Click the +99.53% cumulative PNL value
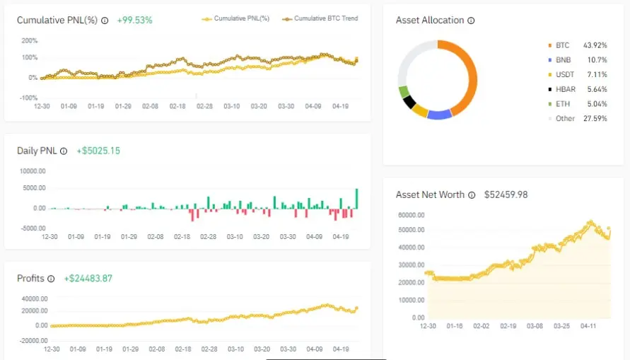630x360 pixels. click(x=134, y=20)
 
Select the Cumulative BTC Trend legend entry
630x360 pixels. click(x=320, y=18)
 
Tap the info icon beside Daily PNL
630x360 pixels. click(x=64, y=151)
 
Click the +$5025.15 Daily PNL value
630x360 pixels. click(x=98, y=151)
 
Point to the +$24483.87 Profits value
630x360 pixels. click(x=88, y=279)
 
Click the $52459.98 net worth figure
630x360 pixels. click(x=506, y=195)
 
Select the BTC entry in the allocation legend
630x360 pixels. click(x=563, y=45)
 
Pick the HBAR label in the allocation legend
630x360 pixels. click(x=566, y=89)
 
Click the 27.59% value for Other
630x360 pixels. click(x=595, y=119)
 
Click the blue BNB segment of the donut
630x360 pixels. click(x=440, y=115)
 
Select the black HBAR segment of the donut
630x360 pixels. click(x=409, y=102)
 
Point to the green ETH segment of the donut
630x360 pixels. click(x=404, y=92)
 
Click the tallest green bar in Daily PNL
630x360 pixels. click(x=356, y=199)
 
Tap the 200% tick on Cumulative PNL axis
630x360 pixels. click(x=29, y=41)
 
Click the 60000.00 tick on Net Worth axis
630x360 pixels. click(x=412, y=215)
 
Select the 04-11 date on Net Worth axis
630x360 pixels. click(x=588, y=326)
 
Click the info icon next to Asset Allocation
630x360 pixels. click(x=471, y=21)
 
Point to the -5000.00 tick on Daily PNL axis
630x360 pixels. click(x=33, y=228)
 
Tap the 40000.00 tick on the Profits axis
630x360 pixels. click(x=35, y=299)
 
